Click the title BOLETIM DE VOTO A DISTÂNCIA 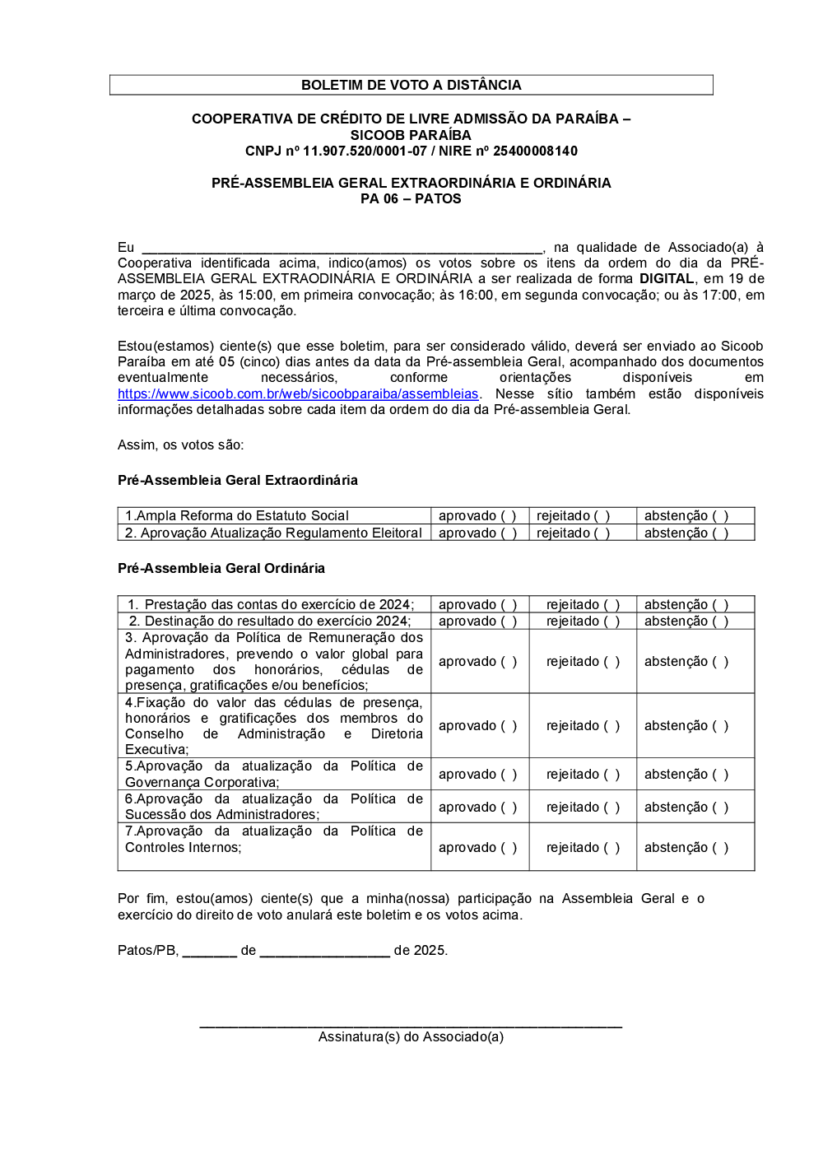click(411, 85)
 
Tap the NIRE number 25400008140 click(535, 151)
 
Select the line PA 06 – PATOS click(411, 199)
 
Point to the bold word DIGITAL click(667, 279)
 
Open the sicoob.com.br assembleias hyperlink click(298, 394)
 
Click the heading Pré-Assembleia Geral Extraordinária click(238, 481)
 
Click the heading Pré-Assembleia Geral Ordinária click(221, 569)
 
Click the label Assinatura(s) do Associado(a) click(411, 1037)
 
